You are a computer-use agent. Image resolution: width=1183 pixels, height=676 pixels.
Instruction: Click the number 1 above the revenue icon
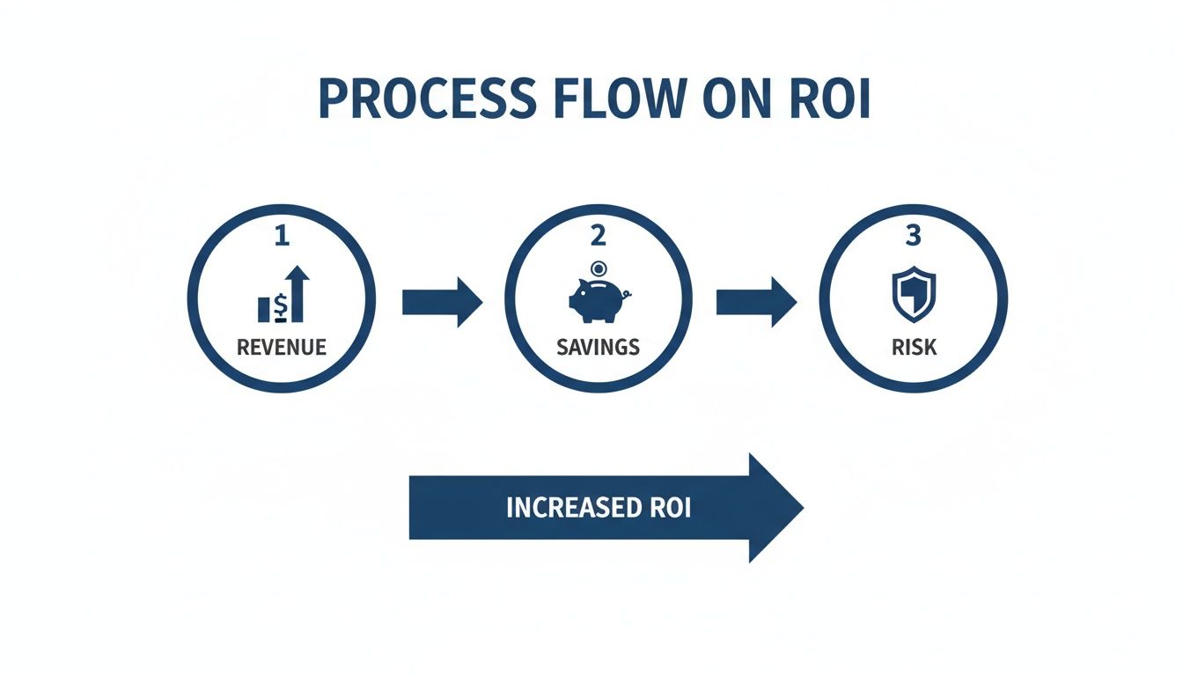click(282, 237)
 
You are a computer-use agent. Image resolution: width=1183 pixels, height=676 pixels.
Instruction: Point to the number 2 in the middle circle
click(598, 237)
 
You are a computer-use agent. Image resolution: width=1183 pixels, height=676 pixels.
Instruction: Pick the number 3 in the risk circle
click(914, 237)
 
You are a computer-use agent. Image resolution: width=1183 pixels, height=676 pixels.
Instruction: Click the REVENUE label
click(282, 347)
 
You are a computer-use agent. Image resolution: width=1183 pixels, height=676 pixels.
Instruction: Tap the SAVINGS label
click(598, 347)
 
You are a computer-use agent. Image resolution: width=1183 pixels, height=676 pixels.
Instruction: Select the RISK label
click(914, 347)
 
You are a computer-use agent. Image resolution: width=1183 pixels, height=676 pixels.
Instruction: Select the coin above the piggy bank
click(598, 268)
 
